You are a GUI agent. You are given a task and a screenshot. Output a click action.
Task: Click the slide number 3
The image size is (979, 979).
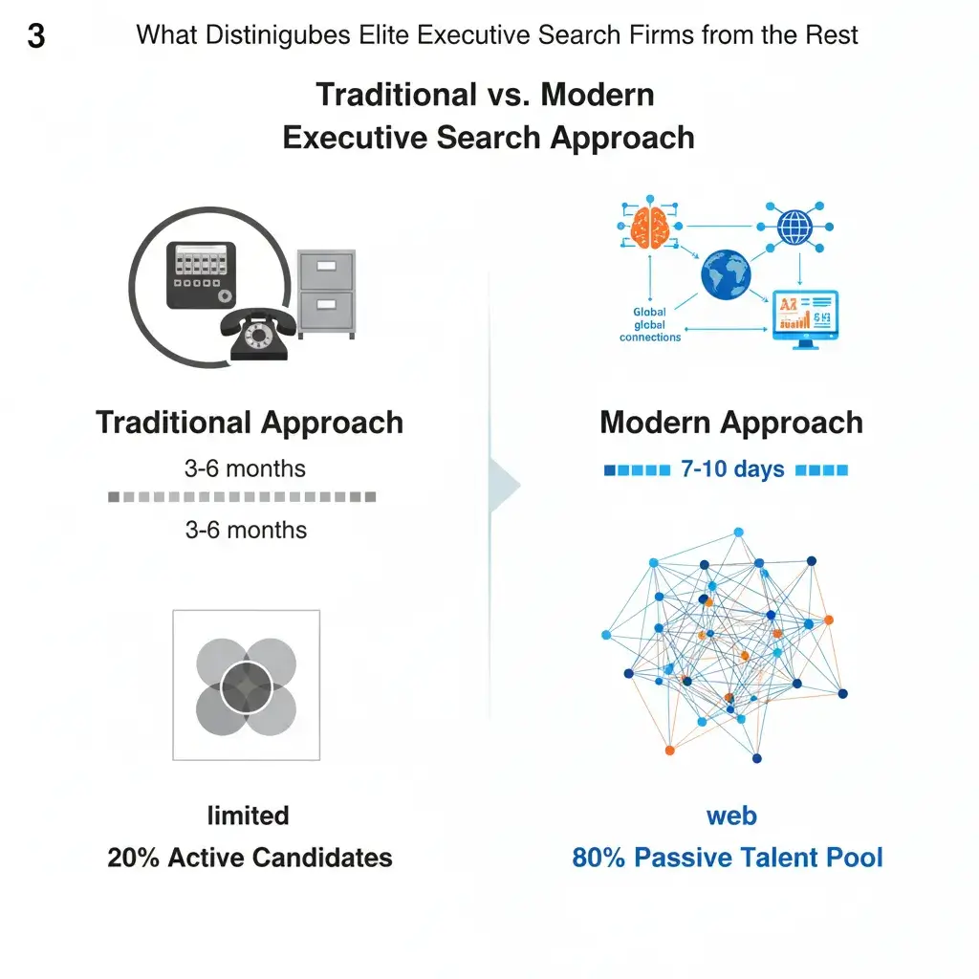35,37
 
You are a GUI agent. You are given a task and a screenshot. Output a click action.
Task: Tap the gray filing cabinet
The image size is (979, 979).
326,294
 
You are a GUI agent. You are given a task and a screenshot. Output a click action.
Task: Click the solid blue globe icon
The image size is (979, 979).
726,274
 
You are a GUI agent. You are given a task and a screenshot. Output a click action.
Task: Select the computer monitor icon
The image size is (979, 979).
805,319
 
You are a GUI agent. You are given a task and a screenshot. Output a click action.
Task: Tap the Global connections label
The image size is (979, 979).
650,325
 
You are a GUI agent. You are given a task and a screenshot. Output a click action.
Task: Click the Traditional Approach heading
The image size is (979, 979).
250,423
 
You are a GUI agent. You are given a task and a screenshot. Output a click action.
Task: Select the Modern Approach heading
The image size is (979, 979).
731,423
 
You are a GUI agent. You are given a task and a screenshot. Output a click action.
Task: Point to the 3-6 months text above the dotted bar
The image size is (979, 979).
245,468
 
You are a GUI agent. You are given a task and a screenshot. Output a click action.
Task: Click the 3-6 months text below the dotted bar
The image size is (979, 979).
246,530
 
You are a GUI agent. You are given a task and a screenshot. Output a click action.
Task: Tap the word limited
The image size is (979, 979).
248,816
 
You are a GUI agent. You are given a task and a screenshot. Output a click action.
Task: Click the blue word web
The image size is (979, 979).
731,816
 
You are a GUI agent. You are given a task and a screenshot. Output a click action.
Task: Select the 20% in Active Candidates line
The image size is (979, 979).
133,857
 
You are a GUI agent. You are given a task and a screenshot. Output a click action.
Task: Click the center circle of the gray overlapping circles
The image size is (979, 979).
246,685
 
